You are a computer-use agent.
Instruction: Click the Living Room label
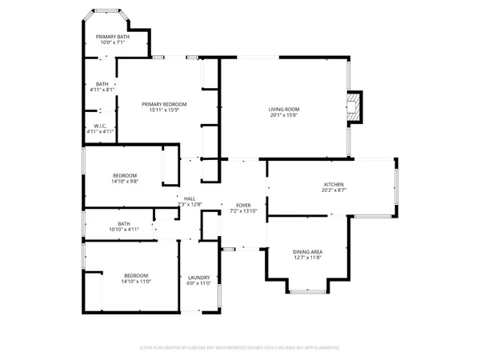click(x=284, y=109)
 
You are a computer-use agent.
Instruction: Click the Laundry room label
click(x=198, y=277)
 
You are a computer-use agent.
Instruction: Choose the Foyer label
click(x=243, y=205)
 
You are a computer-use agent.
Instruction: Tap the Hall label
click(x=190, y=199)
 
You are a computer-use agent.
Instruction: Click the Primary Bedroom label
click(x=164, y=104)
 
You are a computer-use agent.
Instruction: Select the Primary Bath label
click(x=113, y=38)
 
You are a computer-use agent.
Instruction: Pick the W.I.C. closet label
click(x=101, y=125)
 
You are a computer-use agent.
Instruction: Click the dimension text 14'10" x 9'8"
click(x=124, y=182)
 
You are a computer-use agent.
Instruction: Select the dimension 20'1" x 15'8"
click(x=284, y=115)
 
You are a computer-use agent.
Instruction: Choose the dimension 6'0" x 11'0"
click(x=198, y=283)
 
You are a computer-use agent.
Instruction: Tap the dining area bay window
click(x=309, y=290)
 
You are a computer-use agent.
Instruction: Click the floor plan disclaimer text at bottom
click(x=240, y=348)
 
